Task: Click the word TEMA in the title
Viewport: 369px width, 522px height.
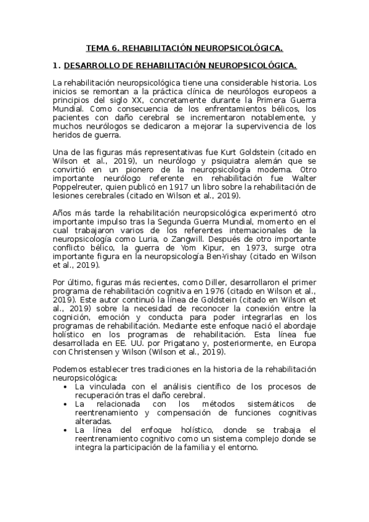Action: point(96,47)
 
